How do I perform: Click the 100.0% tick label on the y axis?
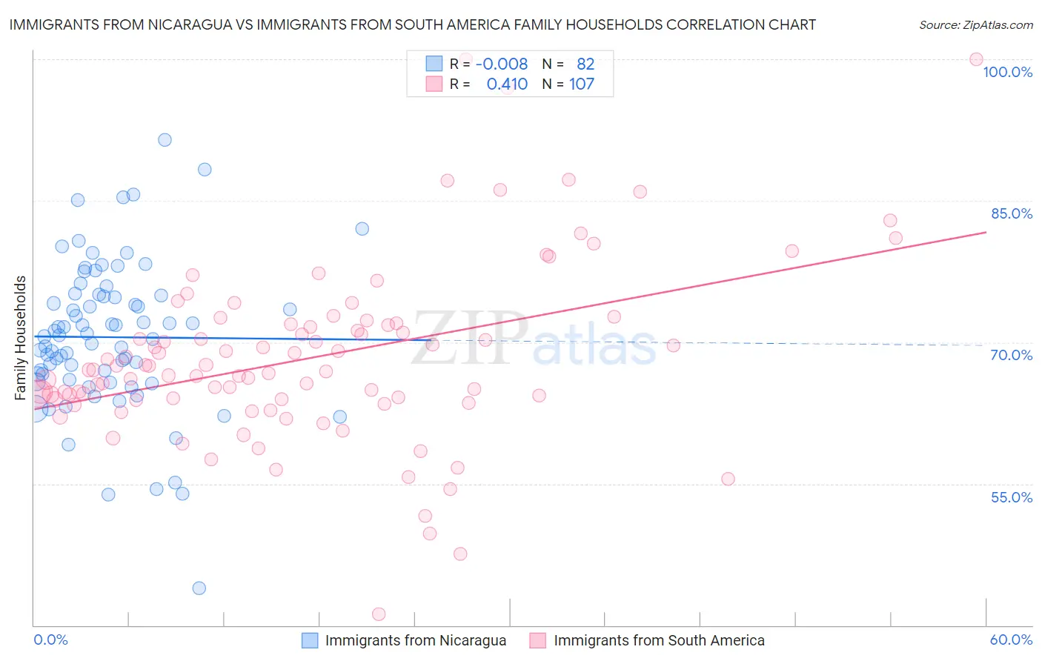tap(1007, 72)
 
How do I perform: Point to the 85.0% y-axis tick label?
tap(1011, 213)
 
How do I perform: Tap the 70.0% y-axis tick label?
tap(1011, 355)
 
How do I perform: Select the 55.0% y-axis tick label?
tap(1011, 497)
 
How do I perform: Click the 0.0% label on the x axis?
tap(50, 640)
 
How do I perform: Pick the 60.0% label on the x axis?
tap(1011, 640)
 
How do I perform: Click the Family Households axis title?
tap(21, 338)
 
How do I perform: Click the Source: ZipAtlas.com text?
tap(975, 24)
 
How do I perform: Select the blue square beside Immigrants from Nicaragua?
tap(310, 640)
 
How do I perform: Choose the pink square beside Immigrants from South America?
tap(538, 640)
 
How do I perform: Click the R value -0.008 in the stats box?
tap(501, 64)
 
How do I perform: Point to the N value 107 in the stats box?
tap(582, 84)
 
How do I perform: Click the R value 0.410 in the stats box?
tap(507, 84)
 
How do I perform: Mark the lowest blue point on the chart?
tap(199, 588)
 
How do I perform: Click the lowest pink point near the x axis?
tap(379, 614)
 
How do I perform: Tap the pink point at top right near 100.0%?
tap(976, 59)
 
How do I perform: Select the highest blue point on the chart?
tap(165, 140)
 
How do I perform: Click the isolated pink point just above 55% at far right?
tap(728, 479)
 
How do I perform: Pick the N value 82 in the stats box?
tap(585, 64)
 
